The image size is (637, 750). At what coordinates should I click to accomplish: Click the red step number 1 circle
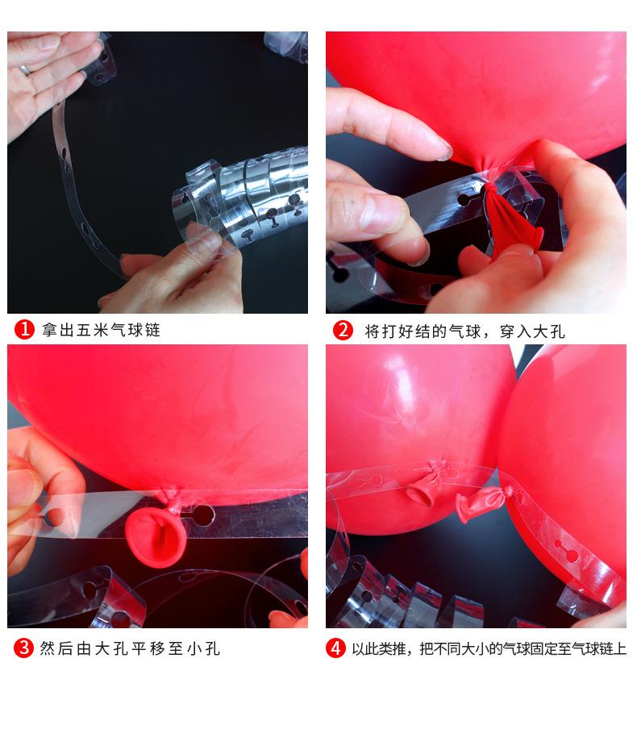click(24, 330)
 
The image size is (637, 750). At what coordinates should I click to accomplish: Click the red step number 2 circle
click(343, 330)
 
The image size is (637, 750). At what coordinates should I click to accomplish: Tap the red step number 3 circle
click(23, 648)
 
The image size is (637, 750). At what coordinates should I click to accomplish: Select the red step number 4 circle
click(335, 648)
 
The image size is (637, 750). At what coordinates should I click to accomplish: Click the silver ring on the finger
click(25, 70)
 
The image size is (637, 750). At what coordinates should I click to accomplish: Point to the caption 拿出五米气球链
click(101, 330)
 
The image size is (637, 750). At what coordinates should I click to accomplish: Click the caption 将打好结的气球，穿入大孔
click(464, 331)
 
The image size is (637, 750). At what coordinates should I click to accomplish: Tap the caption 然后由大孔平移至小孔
click(130, 648)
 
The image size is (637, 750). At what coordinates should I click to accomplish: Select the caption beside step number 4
click(489, 648)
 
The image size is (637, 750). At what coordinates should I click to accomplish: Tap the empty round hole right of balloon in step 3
click(202, 515)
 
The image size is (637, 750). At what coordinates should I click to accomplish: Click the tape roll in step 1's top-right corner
click(287, 46)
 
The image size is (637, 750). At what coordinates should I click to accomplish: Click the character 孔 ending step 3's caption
click(212, 648)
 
